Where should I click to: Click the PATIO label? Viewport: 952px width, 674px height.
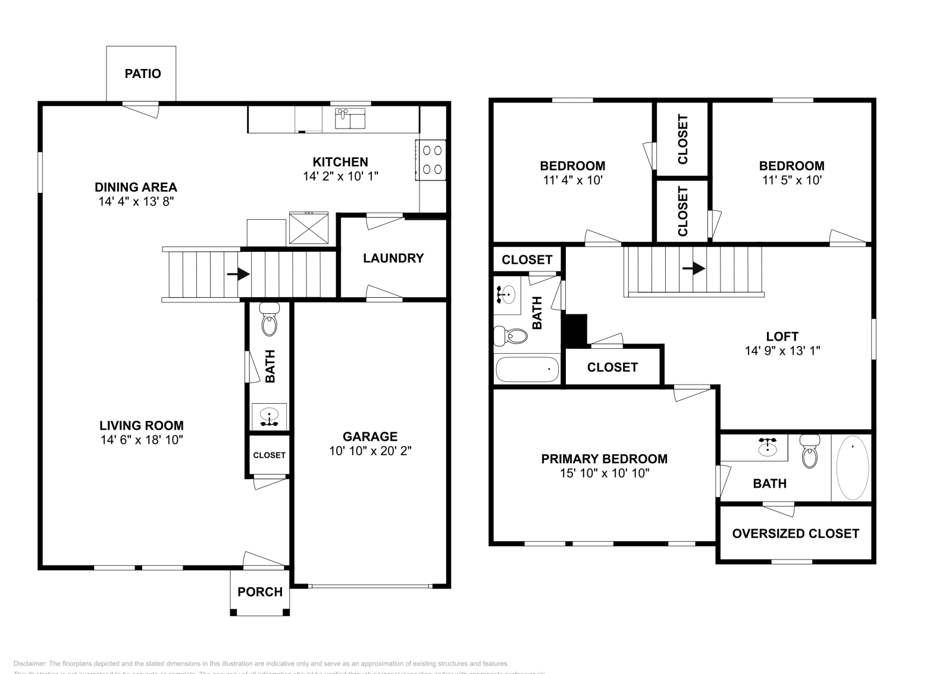click(143, 74)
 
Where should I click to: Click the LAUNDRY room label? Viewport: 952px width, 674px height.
click(393, 258)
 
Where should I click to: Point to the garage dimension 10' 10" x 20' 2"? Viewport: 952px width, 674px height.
click(370, 451)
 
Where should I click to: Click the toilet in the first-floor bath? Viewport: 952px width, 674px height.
click(270, 322)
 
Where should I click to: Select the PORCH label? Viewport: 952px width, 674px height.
click(260, 592)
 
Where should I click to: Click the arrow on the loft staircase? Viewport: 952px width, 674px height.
click(694, 269)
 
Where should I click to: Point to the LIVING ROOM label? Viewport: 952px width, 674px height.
click(142, 425)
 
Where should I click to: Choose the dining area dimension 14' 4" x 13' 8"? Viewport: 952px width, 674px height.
click(136, 202)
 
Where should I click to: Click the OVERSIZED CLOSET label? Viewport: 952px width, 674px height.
click(796, 533)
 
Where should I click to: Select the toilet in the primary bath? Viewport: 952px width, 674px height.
click(810, 452)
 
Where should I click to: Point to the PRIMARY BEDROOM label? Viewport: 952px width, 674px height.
click(604, 458)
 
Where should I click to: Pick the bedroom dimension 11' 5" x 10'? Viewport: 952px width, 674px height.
click(791, 180)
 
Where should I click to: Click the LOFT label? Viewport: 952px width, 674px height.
click(782, 336)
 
